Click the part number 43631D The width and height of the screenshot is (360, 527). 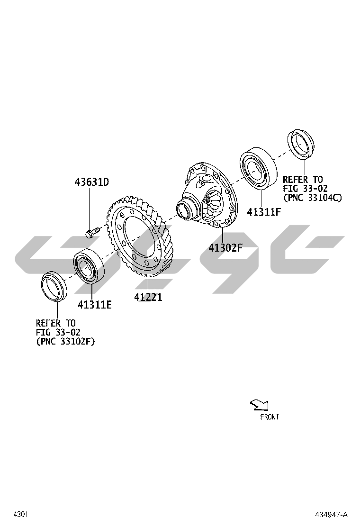(92, 182)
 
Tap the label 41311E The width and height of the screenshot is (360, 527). (95, 305)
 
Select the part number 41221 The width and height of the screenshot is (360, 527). (148, 297)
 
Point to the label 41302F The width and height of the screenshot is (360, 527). (225, 247)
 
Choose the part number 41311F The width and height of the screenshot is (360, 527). (264, 212)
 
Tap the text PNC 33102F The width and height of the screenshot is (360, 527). (66, 342)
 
